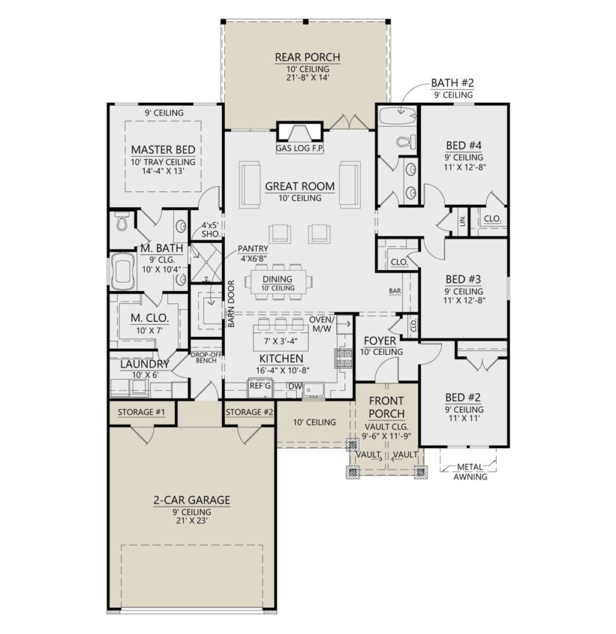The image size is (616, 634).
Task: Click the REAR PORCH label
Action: pos(307,58)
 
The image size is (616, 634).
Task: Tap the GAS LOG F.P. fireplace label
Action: pos(300,149)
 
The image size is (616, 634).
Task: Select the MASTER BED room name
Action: pos(163,150)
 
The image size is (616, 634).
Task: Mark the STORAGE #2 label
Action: pos(249,412)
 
